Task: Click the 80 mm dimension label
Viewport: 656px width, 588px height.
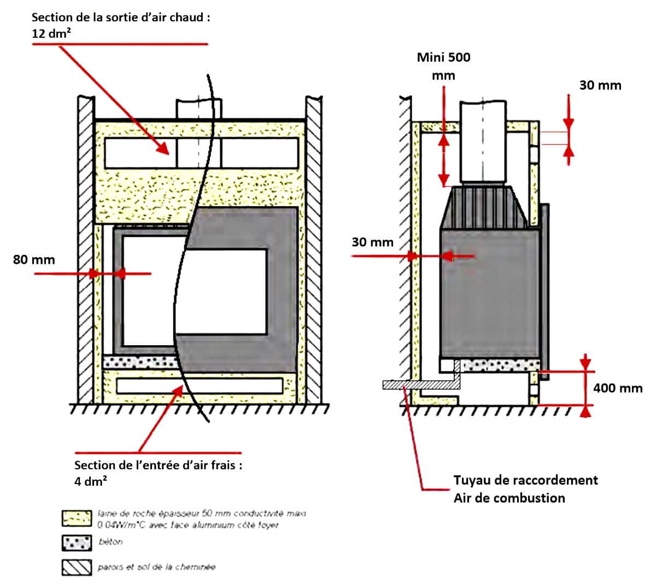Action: click(34, 259)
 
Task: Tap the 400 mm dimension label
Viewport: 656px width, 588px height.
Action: click(618, 388)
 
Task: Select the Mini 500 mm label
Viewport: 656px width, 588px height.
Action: click(443, 66)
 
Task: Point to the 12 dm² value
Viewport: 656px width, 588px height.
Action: click(52, 33)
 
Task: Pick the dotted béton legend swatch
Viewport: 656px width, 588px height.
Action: click(77, 543)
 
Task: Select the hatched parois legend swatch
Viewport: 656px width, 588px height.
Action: click(77, 567)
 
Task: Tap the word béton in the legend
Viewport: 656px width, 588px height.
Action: click(110, 542)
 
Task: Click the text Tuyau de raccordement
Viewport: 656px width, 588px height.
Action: click(525, 480)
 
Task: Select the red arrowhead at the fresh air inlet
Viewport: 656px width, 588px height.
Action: click(178, 390)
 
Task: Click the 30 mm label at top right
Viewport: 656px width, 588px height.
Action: click(600, 85)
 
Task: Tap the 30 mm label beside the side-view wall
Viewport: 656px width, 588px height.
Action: click(372, 242)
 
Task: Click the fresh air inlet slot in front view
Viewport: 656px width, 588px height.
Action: click(200, 385)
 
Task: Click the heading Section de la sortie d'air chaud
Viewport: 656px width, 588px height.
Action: click(120, 17)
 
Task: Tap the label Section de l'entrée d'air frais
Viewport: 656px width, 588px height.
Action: click(158, 465)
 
